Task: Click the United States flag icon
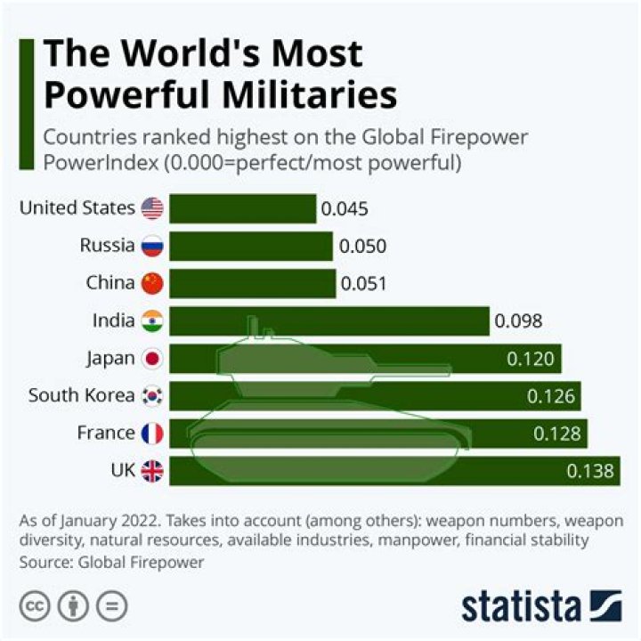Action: [152, 208]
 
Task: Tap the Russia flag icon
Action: [152, 246]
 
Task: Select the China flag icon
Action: [152, 283]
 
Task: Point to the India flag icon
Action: [152, 320]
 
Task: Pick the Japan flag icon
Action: [152, 359]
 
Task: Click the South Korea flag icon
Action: [152, 396]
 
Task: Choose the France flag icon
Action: [152, 434]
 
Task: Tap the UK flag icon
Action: [152, 471]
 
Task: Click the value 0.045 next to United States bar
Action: [345, 209]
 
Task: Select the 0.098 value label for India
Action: [519, 321]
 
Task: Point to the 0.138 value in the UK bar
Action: [590, 472]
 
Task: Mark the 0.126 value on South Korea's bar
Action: [551, 397]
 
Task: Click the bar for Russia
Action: [250, 246]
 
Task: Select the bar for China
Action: [252, 283]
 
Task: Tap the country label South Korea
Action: [80, 395]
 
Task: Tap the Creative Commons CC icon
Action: [34, 606]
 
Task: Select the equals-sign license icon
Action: [111, 606]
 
